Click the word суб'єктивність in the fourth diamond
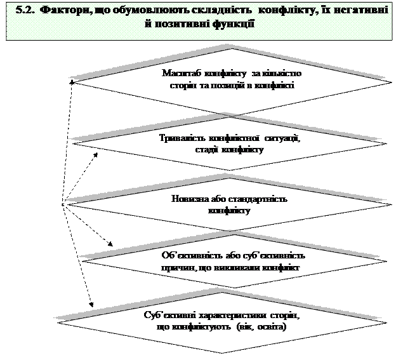pos(276,256)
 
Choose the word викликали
pos(239,268)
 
